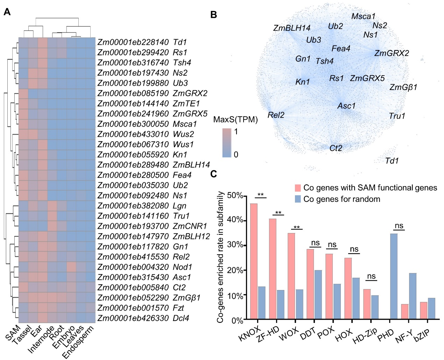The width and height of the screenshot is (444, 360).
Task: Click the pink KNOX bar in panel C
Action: [x=254, y=261]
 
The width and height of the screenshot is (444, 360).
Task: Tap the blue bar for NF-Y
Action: [x=413, y=296]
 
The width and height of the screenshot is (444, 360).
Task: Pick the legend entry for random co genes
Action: [x=341, y=199]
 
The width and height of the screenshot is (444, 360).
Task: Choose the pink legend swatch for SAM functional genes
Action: [x=298, y=188]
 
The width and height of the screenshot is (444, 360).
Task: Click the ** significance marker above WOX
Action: [x=297, y=228]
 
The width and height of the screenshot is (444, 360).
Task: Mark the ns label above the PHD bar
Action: [x=399, y=226]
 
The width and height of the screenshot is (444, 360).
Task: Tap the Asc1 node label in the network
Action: [x=346, y=106]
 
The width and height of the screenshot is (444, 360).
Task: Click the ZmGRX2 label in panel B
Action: [x=392, y=53]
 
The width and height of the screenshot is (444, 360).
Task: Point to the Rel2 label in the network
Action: [x=276, y=115]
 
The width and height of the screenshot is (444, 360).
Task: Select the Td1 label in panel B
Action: [x=392, y=161]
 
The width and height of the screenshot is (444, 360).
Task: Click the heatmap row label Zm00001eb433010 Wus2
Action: [x=146, y=134]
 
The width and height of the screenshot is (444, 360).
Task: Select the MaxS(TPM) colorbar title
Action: [x=235, y=120]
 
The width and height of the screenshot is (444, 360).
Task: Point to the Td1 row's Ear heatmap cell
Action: [x=42, y=42]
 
